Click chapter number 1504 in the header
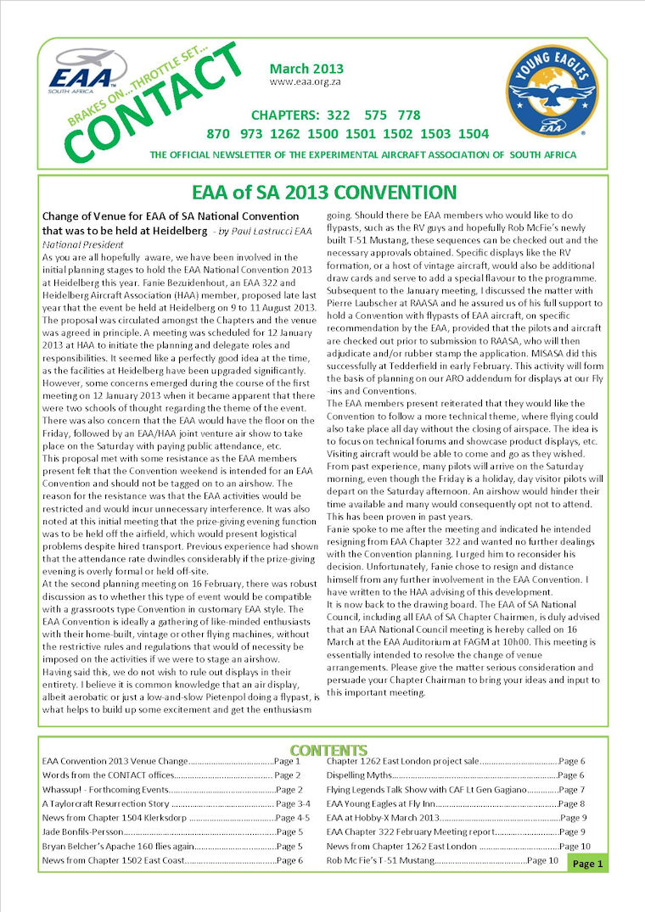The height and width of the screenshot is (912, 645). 473,134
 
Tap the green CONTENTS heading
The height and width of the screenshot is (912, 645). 328,750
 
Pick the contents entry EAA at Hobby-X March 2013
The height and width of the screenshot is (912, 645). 383,818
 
